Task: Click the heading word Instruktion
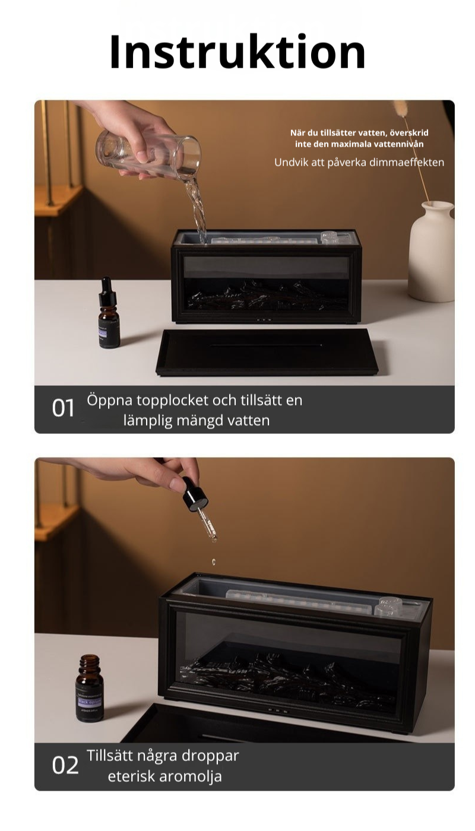[237, 52]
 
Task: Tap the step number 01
[64, 408]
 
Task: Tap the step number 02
[65, 766]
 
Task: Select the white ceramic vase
[432, 250]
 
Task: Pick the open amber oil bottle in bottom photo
[89, 689]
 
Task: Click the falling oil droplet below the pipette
[213, 561]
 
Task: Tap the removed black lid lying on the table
[267, 351]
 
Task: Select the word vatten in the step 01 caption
[249, 421]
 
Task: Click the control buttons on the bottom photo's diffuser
[277, 710]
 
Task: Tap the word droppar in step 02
[211, 756]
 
